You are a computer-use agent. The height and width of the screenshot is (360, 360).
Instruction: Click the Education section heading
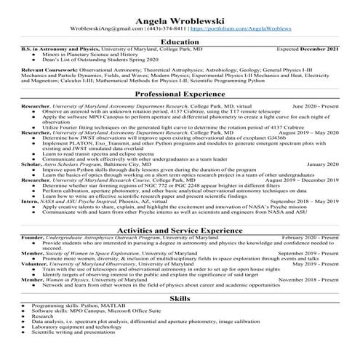(x=180, y=41)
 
